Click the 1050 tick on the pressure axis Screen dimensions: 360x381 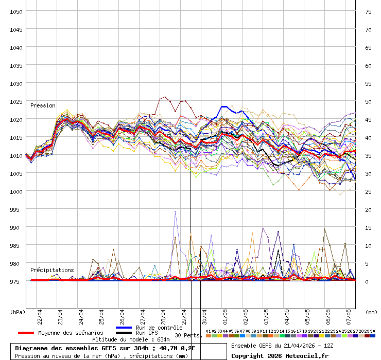[16, 11]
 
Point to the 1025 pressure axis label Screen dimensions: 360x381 [16, 101]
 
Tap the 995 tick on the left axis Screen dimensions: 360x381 [16, 209]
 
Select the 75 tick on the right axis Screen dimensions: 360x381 [368, 11]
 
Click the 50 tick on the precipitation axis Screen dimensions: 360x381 [368, 101]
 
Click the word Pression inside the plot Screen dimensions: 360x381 [43, 105]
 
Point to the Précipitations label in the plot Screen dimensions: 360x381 [52, 270]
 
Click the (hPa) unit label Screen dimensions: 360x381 [18, 312]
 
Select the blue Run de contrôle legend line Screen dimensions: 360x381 [124, 328]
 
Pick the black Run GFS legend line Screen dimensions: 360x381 [124, 333]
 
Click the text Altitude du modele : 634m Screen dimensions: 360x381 [131, 339]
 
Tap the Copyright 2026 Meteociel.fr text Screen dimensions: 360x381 [280, 356]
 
